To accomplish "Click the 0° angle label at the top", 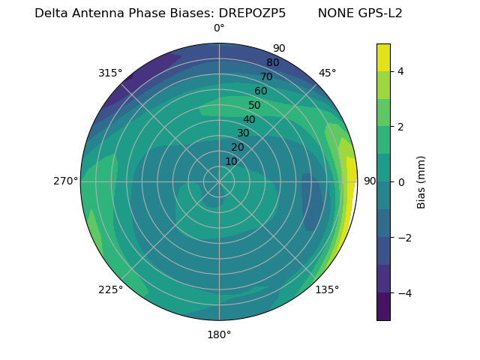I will [219, 28].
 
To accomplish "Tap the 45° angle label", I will [327, 73].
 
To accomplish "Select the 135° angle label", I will [327, 289].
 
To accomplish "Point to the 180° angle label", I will [219, 334].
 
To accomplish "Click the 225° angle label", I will [110, 289].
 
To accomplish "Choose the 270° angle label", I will [66, 181].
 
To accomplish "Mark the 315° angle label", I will [110, 73].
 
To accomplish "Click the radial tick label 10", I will [231, 161].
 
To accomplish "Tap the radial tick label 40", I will [249, 120].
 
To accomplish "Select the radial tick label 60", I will [261, 91].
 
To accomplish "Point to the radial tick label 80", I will [273, 63].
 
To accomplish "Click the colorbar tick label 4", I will [400, 71].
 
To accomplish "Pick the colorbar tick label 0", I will [400, 182].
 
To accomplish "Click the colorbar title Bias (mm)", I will [421, 182].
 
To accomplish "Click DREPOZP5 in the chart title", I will [252, 13].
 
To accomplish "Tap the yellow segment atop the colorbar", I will [383, 57].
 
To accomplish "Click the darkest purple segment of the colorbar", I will [383, 307].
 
